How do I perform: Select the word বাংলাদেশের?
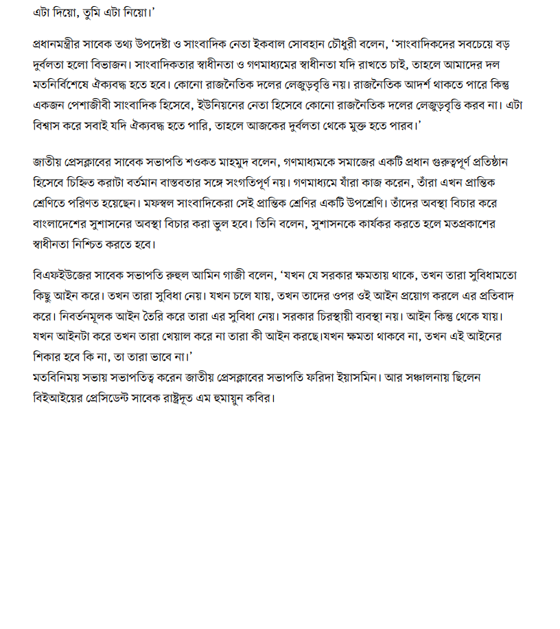(x=64, y=224)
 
